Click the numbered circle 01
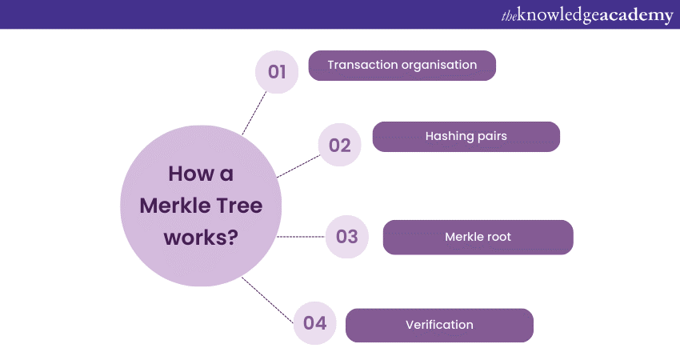point(277,72)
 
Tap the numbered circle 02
point(340,145)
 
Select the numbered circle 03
point(346,236)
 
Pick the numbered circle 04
point(314,323)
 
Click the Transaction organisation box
point(402,66)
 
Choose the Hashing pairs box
point(466,136)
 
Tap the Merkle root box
point(478,237)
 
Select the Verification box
point(439,325)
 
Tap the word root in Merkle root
point(498,237)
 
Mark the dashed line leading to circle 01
point(254,111)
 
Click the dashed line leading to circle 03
point(301,236)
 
